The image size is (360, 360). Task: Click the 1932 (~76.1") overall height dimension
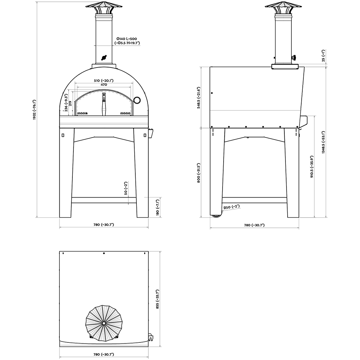tap(34, 110)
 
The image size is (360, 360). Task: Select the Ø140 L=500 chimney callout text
tap(127, 39)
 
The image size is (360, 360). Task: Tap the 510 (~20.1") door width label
tap(104, 81)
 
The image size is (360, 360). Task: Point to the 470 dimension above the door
tap(104, 84)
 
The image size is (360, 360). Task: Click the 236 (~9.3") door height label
tap(66, 103)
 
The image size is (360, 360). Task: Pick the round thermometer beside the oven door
tap(137, 99)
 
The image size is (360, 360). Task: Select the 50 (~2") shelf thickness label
tap(126, 188)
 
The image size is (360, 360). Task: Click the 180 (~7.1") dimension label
tap(157, 207)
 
